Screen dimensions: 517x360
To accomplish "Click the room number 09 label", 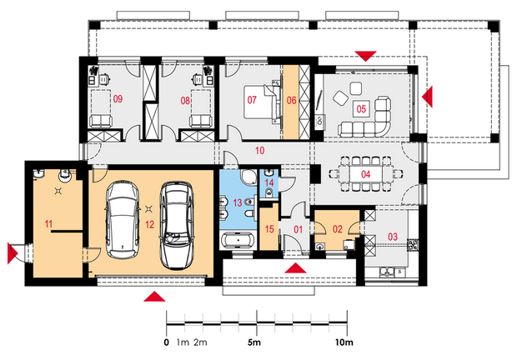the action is [x=118, y=98].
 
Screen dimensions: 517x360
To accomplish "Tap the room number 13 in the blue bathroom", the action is [x=238, y=202].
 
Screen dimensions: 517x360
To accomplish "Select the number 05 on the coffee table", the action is [x=361, y=108].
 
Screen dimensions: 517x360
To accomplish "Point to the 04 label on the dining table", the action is [x=366, y=174].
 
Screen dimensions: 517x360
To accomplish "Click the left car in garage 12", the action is [x=122, y=220].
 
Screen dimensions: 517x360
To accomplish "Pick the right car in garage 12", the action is [x=177, y=225].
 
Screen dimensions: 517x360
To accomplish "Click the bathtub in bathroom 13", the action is [x=238, y=240].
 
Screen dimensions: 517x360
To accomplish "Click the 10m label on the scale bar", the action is [x=344, y=342].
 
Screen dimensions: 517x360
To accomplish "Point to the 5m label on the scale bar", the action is [x=253, y=342].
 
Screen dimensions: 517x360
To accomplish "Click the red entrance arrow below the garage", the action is [x=154, y=297].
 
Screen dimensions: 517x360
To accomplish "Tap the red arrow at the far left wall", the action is [x=12, y=253].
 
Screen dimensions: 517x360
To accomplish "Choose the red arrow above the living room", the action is [x=366, y=56].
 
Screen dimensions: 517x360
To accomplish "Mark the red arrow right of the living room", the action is [x=428, y=97].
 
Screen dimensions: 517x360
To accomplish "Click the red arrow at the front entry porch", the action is [x=295, y=268].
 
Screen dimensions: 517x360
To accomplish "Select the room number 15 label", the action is [x=269, y=229].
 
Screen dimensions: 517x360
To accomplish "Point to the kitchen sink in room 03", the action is [x=387, y=272].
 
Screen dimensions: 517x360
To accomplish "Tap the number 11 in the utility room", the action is [x=48, y=224].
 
